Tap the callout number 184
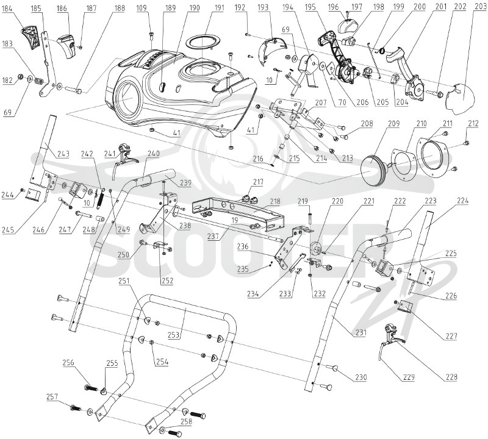pyautogui.click(x=7, y=9)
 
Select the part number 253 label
pyautogui.click(x=174, y=335)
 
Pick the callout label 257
pyautogui.click(x=52, y=397)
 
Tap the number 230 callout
pyautogui.click(x=361, y=377)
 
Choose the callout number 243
pyautogui.click(x=63, y=154)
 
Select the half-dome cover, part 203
pyautogui.click(x=462, y=96)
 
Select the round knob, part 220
pyautogui.click(x=317, y=249)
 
